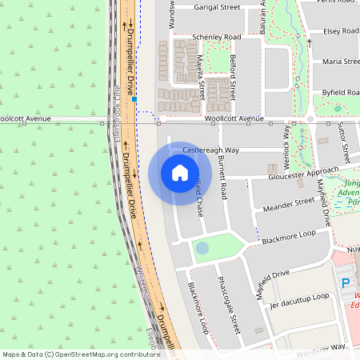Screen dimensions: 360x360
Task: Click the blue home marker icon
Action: point(179,172)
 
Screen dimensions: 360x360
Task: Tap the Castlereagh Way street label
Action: point(211,150)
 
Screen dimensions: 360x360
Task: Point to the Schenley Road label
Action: point(216,38)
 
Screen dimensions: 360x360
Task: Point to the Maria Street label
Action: point(341,62)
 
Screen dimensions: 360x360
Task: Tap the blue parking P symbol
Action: point(346,283)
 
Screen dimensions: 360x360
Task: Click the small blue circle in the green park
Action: point(202,248)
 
